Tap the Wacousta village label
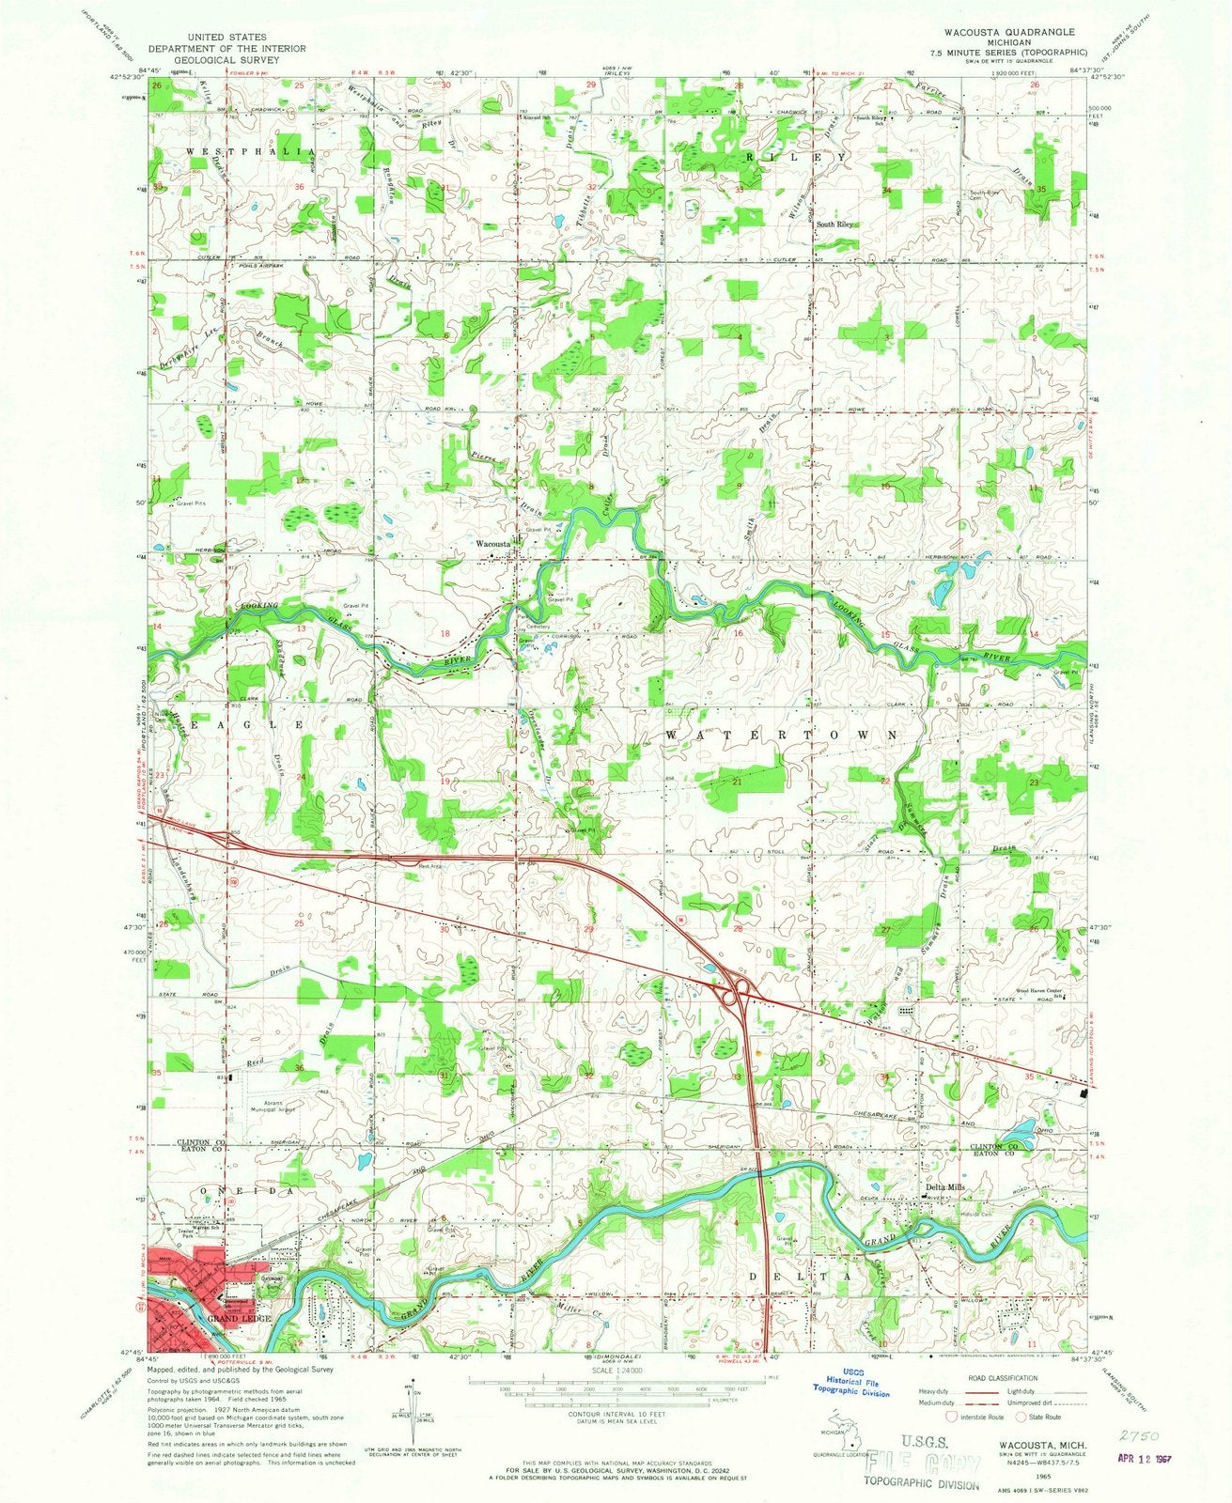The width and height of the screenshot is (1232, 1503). click(x=492, y=544)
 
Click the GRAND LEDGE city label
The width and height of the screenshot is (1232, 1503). click(x=242, y=1319)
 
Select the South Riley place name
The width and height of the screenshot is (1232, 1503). click(x=834, y=225)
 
